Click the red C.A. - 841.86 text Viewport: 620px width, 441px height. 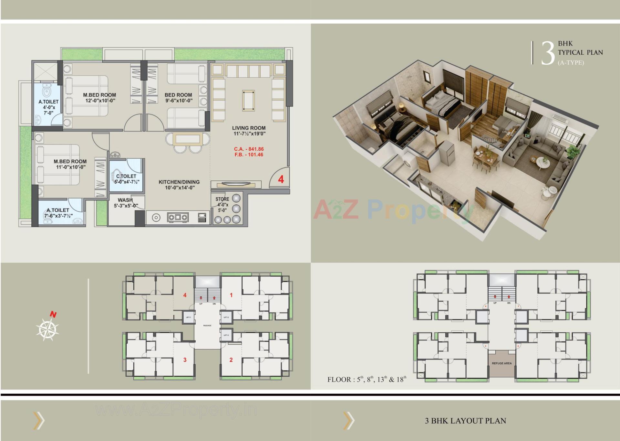click(249, 149)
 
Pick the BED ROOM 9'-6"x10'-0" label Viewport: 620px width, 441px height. click(178, 98)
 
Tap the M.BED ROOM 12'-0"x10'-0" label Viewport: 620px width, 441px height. click(99, 98)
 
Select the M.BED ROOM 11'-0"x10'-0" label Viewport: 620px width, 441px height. click(70, 164)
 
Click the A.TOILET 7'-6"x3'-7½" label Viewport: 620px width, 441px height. click(58, 213)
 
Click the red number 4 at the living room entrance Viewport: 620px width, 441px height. click(281, 179)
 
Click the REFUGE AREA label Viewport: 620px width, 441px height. click(501, 363)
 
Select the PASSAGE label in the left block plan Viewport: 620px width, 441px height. click(207, 326)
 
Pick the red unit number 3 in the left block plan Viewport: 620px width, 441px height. click(185, 360)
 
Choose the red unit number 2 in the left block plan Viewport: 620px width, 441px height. click(231, 360)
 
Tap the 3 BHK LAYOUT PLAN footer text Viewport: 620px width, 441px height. click(465, 421)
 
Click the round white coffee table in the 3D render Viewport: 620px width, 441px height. click(543, 163)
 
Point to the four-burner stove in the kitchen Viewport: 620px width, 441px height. click(178, 217)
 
